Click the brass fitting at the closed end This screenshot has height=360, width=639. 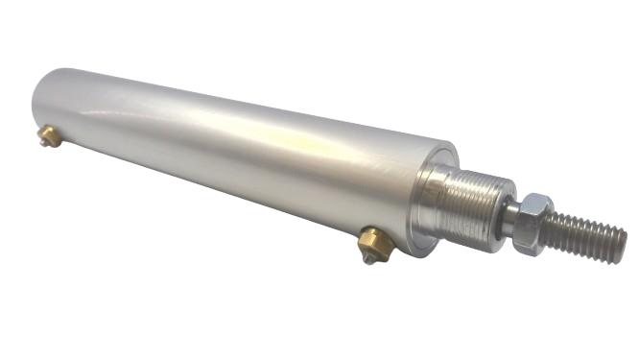[x=51, y=137]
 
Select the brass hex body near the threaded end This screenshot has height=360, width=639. [x=375, y=245]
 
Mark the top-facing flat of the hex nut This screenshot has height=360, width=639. [x=537, y=202]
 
